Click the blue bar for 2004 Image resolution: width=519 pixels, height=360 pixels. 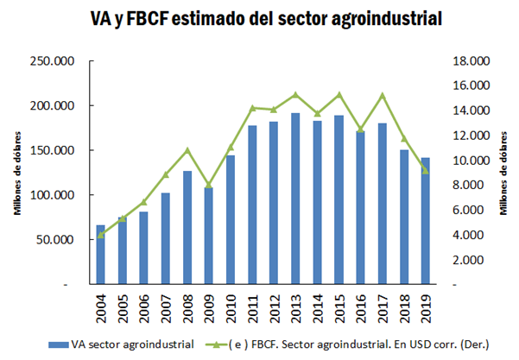coord(100,255)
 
